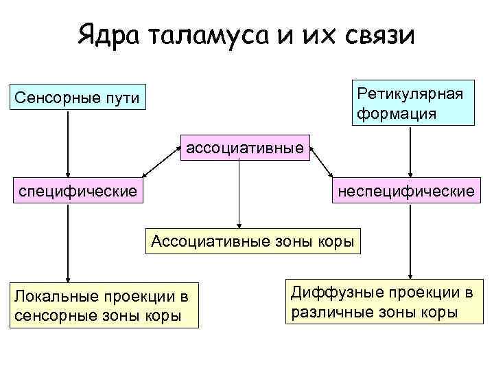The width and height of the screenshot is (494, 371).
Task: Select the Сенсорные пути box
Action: (77, 99)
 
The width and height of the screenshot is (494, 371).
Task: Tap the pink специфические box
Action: (78, 189)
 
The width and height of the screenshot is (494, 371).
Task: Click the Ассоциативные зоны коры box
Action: (252, 241)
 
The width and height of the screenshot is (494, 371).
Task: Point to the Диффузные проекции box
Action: (381, 302)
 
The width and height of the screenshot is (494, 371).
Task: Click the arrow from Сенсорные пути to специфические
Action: (68, 144)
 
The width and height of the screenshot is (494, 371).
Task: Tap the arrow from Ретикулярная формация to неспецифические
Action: (410, 151)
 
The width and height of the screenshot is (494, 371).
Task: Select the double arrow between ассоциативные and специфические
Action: (158, 165)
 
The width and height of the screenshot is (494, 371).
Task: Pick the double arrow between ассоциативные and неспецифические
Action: (321, 164)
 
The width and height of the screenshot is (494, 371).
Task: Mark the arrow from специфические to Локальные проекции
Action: (68, 240)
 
